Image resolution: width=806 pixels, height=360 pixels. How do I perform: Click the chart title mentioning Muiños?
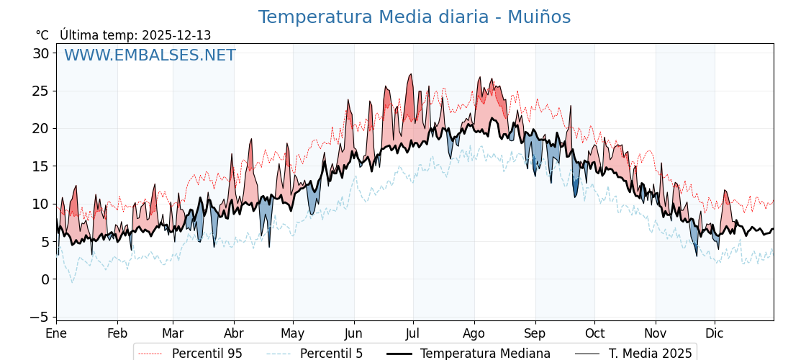click(414, 17)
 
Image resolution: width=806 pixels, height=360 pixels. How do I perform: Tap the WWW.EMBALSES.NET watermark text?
click(150, 55)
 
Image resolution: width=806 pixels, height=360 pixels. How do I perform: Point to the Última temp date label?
click(135, 35)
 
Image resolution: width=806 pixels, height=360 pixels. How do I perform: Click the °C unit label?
click(42, 35)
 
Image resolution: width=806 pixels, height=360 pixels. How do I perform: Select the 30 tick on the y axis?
click(40, 53)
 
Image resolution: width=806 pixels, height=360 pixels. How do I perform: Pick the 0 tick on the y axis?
click(45, 279)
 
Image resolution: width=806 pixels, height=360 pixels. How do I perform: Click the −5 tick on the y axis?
click(40, 317)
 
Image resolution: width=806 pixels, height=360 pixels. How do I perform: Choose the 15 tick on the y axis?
click(40, 166)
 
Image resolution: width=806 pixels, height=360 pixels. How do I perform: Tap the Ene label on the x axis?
click(56, 333)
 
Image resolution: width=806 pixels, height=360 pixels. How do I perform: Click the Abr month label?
click(234, 333)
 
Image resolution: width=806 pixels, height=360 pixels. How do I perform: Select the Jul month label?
click(413, 333)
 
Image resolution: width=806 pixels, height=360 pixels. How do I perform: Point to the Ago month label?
click(474, 333)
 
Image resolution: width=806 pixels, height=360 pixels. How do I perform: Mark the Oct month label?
click(594, 333)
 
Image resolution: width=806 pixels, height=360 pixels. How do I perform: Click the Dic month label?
click(715, 333)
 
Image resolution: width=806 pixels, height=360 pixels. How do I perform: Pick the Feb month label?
click(117, 333)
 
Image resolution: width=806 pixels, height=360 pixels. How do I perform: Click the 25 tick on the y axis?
click(40, 91)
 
